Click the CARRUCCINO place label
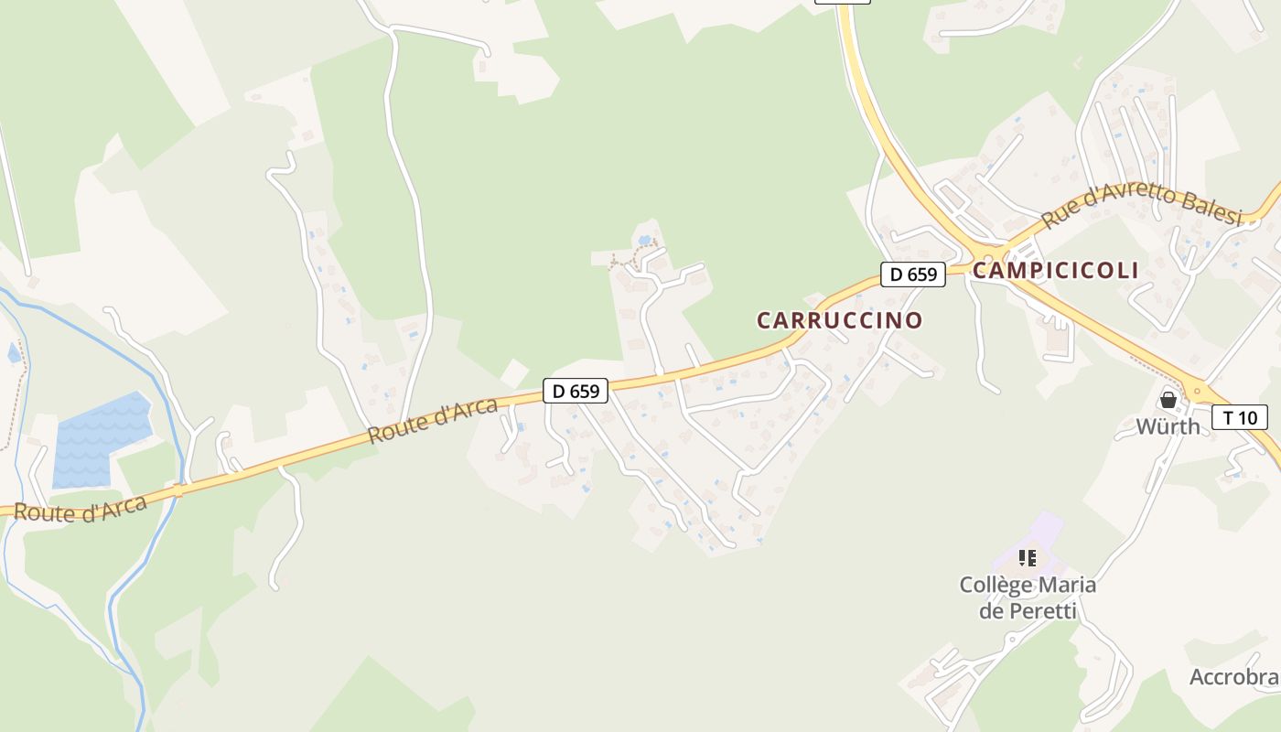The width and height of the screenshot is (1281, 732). click(x=839, y=320)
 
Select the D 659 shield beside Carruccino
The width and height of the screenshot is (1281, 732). click(x=912, y=274)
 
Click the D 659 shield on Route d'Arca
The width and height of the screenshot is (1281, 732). click(x=576, y=391)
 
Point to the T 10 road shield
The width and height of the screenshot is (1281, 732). click(x=1239, y=417)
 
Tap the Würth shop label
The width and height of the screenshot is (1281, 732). click(x=1168, y=426)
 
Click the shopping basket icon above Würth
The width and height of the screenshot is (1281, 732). click(x=1168, y=400)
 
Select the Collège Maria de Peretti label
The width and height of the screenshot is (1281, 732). click(x=1028, y=597)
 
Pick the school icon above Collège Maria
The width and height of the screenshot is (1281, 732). click(x=1028, y=557)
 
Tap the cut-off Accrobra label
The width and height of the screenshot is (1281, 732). click(x=1233, y=677)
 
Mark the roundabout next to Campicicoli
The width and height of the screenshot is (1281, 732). click(x=987, y=255)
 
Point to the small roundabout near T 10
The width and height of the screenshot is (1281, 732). click(x=1196, y=391)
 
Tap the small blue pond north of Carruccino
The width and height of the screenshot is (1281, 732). click(x=644, y=241)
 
